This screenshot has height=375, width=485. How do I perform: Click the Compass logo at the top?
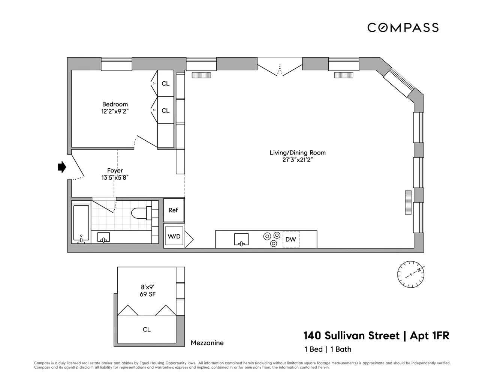[403, 27]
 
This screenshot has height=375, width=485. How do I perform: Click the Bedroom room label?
[115, 104]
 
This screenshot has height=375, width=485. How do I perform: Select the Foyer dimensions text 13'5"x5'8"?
[115, 178]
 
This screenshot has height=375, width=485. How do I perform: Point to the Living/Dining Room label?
[297, 153]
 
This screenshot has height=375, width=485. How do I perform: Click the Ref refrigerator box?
[173, 210]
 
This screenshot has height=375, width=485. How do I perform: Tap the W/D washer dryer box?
[174, 236]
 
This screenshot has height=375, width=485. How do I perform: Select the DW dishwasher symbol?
[291, 239]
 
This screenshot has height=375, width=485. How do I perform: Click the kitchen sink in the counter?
[242, 239]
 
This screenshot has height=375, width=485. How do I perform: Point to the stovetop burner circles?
[272, 239]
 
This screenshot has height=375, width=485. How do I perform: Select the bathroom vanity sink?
[103, 237]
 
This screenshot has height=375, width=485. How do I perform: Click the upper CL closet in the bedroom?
[165, 84]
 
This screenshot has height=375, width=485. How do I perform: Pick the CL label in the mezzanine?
[147, 329]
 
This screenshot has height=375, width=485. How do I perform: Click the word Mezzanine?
[207, 343]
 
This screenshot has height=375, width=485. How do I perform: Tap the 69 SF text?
[148, 294]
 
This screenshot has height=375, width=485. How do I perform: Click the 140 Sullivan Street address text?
[352, 335]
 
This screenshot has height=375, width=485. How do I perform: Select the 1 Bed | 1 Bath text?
[328, 349]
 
